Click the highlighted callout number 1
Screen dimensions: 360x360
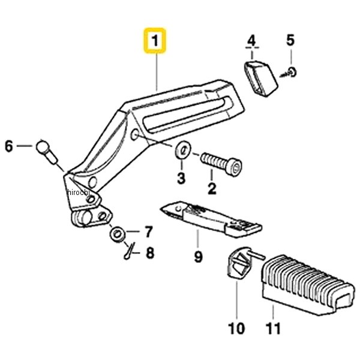point(155,41)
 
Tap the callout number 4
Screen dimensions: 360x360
point(252,41)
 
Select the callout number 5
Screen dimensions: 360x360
point(290,40)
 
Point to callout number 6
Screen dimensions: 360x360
point(9,146)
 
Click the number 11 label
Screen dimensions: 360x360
point(273,329)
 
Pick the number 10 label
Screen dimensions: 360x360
point(237,329)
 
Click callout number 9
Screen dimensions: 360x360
point(199,256)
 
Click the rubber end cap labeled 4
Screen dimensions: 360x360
point(260,78)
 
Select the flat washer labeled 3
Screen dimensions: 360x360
point(183,151)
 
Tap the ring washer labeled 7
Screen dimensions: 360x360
point(118,235)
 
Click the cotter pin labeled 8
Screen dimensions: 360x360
point(130,251)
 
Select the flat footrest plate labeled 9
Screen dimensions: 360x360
point(211,218)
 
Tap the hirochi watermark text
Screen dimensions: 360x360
point(78,192)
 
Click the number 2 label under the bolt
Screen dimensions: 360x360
point(212,188)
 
